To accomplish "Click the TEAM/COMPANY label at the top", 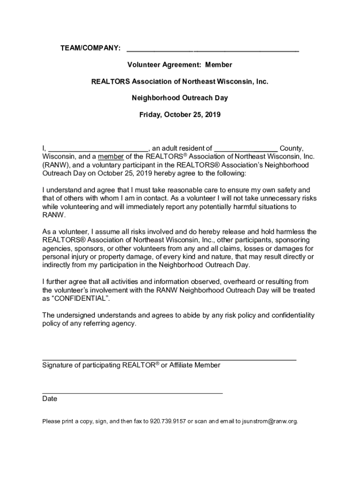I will point(90,49).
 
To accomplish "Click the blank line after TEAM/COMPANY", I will point(213,50).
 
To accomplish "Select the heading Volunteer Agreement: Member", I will point(180,65).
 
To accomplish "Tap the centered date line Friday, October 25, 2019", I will point(180,114).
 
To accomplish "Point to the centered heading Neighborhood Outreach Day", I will point(180,98).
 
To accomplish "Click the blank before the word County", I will point(246,150).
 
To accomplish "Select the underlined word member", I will point(111,156).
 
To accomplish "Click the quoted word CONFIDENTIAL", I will point(79,298).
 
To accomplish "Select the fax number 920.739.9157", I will point(168,421).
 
